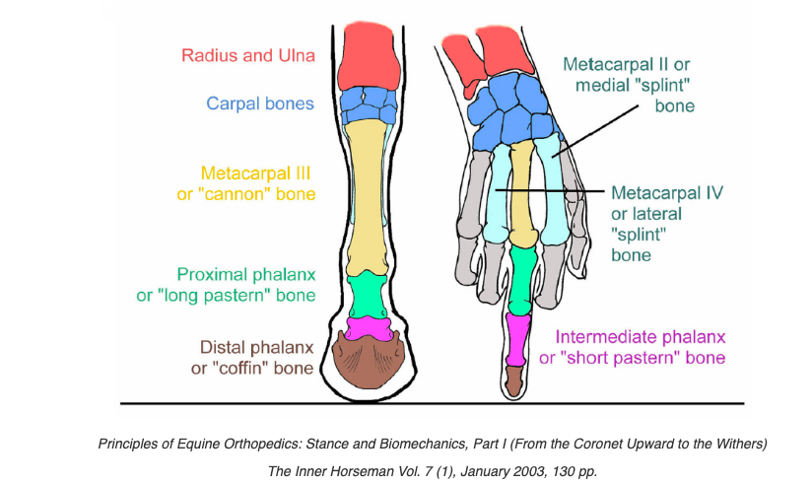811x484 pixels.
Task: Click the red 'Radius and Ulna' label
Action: pos(248,55)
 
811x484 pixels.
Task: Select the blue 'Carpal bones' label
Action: pos(260,104)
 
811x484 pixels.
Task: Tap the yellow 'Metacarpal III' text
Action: pos(256,173)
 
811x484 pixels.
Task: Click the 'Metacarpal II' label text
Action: pos(628,63)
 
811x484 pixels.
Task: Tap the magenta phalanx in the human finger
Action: pos(517,340)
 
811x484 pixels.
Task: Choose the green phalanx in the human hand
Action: pos(522,275)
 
